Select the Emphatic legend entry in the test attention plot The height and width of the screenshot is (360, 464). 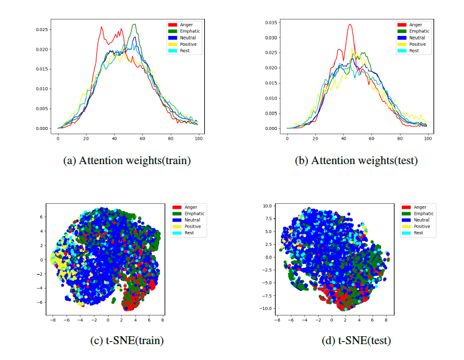(418, 31)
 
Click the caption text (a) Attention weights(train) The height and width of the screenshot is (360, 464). (127, 160)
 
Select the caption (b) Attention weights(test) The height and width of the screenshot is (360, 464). (357, 160)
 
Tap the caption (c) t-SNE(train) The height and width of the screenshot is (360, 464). (127, 340)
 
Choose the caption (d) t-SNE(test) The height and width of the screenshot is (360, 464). (357, 340)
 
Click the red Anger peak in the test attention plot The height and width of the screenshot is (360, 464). (350, 24)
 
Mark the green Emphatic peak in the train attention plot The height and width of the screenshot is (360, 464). (134, 24)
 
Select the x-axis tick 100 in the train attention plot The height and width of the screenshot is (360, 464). (199, 139)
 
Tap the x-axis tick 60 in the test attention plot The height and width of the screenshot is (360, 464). (371, 139)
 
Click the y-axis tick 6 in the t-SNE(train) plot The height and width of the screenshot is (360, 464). (41, 217)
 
